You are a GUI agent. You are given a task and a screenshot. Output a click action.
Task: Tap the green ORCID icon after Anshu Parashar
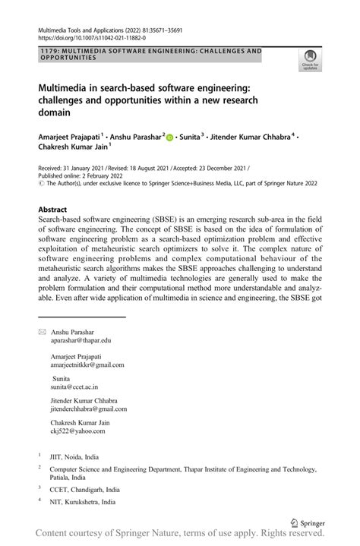click(169, 137)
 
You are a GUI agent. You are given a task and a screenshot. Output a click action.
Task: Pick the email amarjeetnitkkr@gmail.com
click(87, 365)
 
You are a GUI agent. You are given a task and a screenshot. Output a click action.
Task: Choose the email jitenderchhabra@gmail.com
click(89, 409)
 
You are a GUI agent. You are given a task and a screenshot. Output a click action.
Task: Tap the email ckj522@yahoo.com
click(77, 431)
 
